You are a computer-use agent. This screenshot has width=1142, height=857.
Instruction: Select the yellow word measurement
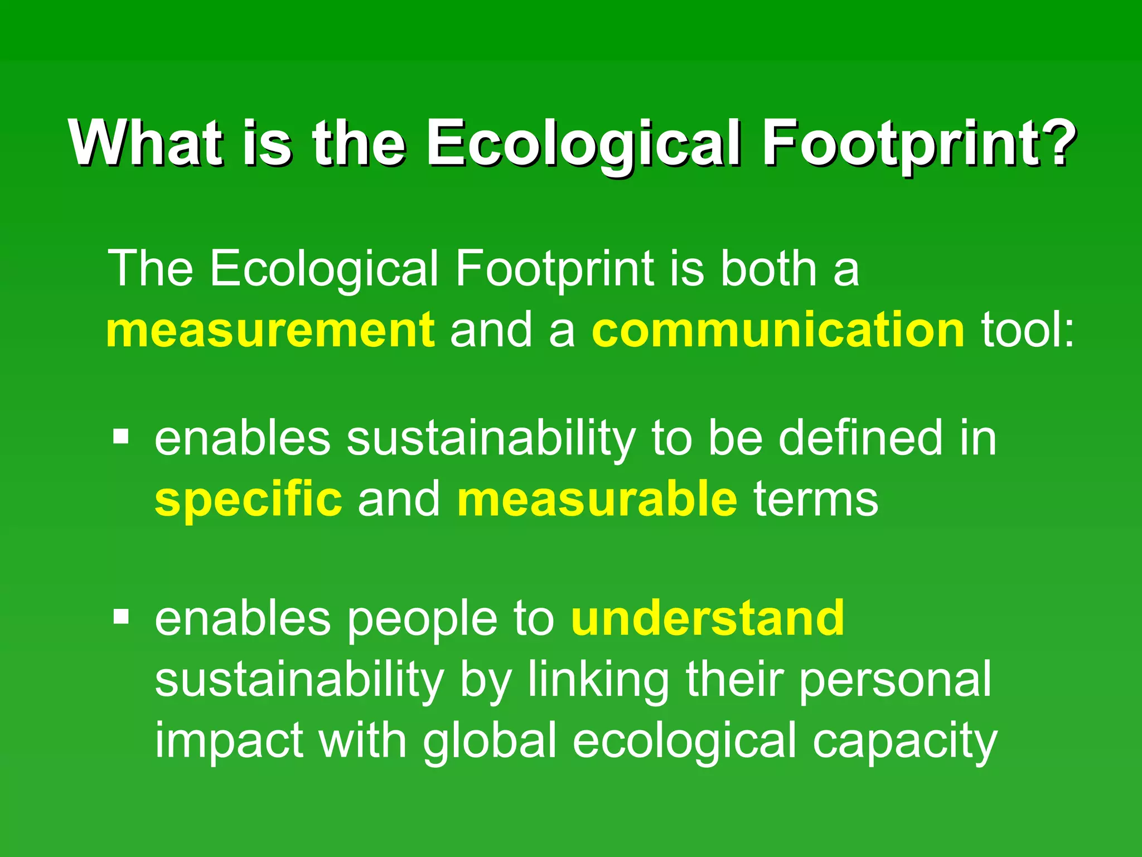point(270,330)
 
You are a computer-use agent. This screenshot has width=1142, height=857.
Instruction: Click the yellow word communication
point(778,330)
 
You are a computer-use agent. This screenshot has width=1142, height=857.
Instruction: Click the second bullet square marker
point(121,617)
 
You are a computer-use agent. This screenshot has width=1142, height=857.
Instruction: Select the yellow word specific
point(248,499)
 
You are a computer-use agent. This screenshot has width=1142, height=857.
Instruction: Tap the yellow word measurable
point(597,499)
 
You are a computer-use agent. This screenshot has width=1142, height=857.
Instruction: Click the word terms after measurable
point(815,499)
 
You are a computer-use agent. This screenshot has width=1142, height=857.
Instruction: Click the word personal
point(895,680)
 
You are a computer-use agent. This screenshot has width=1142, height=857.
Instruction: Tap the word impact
point(229,742)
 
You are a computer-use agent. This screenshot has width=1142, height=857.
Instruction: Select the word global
point(490,742)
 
